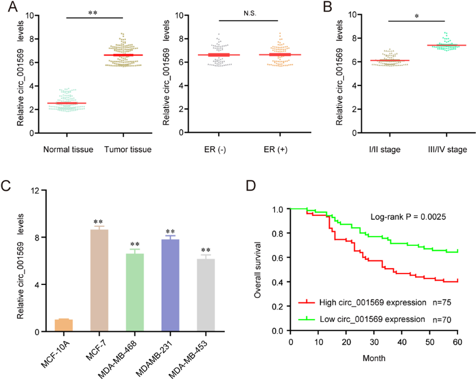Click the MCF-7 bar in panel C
99,280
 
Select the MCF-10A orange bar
64,325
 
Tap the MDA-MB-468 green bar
135,292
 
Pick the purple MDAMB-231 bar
170,285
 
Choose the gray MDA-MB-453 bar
206,295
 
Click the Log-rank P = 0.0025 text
408,217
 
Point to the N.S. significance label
250,13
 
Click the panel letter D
251,185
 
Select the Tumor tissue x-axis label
128,149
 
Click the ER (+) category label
276,150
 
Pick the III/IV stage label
448,150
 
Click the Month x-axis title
374,358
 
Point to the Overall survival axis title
257,270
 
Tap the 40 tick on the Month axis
402,342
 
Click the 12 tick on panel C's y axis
35,191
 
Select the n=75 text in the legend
442,303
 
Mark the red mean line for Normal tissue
67,103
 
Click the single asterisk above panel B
417,16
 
